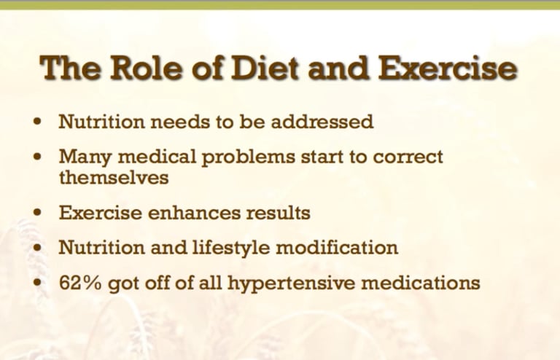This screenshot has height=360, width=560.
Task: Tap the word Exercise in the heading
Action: click(x=447, y=68)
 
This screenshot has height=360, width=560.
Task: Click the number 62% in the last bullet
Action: click(x=80, y=283)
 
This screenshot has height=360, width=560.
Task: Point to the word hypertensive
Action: click(x=292, y=283)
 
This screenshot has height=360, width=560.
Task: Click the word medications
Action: click(x=420, y=283)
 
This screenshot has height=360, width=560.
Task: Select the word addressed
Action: click(x=322, y=122)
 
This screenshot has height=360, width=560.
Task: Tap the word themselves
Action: click(x=114, y=177)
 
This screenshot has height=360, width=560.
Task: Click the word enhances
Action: click(x=194, y=213)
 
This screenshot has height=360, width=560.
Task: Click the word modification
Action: click(x=337, y=247)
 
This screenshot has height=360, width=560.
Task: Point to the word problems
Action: click(x=248, y=157)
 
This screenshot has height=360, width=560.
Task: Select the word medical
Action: click(x=157, y=157)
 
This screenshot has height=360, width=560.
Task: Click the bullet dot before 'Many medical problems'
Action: click(x=37, y=156)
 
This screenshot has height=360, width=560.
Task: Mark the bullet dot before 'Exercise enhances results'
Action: click(x=37, y=212)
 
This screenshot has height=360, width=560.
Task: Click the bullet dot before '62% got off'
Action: click(x=37, y=282)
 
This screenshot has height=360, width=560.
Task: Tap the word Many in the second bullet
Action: click(x=85, y=157)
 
